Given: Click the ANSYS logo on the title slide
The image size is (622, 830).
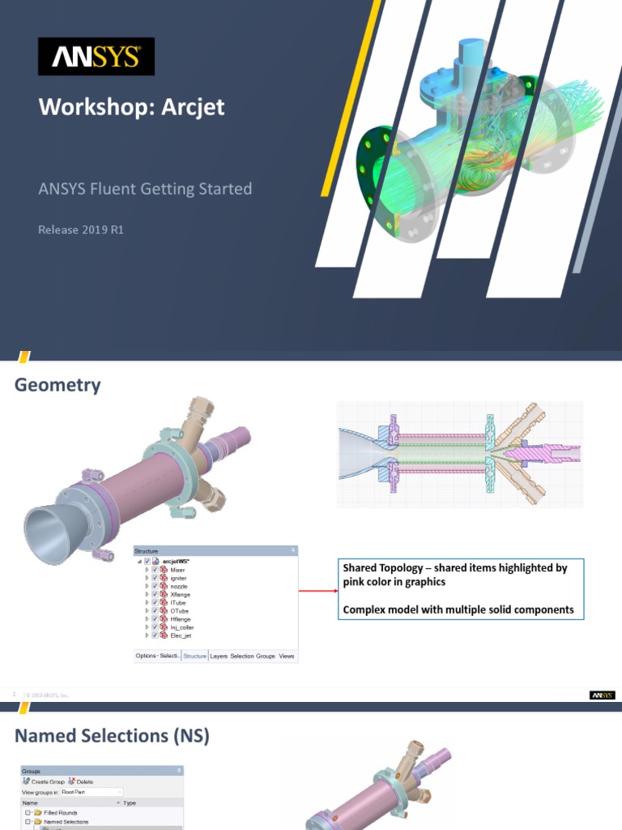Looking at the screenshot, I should point(96,58).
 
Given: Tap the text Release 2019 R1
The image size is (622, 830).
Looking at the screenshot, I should point(81,229).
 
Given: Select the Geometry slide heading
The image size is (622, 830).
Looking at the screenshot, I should point(58,385).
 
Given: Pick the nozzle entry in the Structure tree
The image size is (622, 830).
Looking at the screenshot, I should point(180,586).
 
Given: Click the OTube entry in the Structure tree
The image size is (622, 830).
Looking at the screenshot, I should point(180,610).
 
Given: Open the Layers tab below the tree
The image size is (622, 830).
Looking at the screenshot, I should point(219,656).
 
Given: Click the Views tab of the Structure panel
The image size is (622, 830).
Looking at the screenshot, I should point(287,656).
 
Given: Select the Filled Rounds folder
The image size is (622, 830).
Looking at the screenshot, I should point(61,812).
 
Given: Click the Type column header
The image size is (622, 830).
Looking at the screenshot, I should point(130,802).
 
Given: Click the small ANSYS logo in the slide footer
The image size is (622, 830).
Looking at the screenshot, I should point(602,695).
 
